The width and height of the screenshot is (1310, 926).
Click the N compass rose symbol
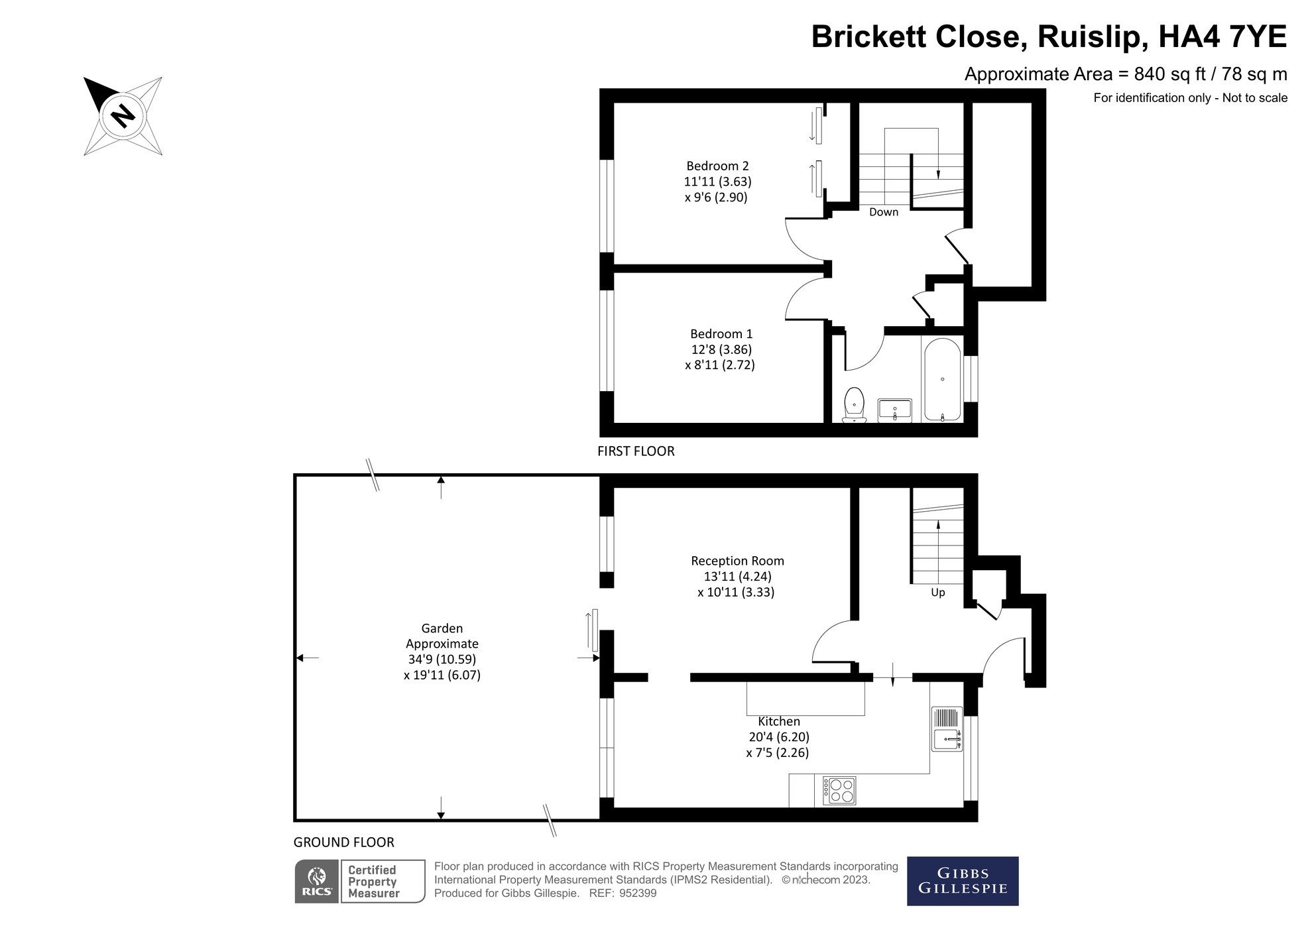point(123,116)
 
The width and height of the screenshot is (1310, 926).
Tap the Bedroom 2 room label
point(717,166)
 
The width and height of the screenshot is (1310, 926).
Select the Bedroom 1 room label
point(721,333)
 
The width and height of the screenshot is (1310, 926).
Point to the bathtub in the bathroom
point(942,380)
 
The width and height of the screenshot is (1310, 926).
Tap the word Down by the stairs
point(884,212)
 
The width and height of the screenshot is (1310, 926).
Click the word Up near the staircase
point(937,593)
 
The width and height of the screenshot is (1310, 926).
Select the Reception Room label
point(737,561)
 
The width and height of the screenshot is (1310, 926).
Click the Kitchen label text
point(779,721)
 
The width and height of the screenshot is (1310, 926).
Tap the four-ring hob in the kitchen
point(839,791)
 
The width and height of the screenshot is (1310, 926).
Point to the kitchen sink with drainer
point(947,729)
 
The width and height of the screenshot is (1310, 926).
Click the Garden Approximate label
point(442,636)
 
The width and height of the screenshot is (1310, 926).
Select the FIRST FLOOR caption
point(636,451)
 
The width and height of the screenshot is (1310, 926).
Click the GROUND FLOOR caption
point(344,842)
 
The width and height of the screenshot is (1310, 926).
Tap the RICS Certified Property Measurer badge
point(359,882)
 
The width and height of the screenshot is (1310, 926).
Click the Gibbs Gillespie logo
point(962,881)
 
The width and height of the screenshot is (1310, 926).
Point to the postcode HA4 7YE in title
point(1222,37)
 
